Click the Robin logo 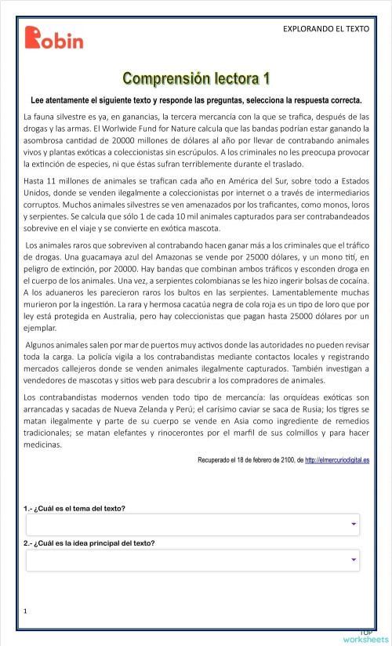click(53, 38)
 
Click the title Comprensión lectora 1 click(196, 79)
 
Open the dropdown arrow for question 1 click(354, 524)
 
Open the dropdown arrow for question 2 click(354, 559)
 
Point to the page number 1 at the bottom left click(26, 610)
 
